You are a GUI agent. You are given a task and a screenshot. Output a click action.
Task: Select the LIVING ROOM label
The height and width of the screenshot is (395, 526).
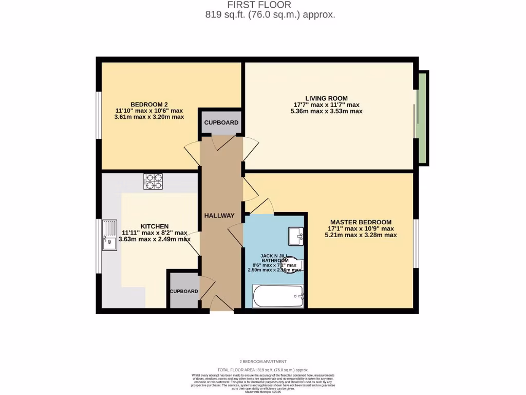(x=326, y=98)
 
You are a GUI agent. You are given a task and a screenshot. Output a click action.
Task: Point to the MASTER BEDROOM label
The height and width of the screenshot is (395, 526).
(x=361, y=222)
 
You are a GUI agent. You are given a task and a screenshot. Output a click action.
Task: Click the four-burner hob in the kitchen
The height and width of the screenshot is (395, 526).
(x=153, y=181)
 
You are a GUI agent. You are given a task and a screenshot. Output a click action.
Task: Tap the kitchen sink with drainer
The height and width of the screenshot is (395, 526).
(x=109, y=235)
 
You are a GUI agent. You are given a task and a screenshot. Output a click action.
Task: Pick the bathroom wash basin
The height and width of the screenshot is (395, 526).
(x=296, y=236)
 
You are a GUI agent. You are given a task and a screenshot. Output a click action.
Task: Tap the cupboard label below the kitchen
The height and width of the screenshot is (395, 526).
(x=184, y=291)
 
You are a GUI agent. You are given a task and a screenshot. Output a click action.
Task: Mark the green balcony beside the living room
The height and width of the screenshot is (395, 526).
(x=422, y=118)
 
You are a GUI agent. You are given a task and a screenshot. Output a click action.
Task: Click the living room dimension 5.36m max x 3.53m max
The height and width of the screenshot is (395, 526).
(x=326, y=111)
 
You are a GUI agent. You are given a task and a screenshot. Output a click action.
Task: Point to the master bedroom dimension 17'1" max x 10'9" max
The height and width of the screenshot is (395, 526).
(x=361, y=229)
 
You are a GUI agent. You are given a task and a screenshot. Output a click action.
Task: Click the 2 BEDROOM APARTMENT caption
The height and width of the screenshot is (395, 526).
(x=263, y=362)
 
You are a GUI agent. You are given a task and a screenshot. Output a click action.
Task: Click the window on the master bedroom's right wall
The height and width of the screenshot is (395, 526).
(x=416, y=244)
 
